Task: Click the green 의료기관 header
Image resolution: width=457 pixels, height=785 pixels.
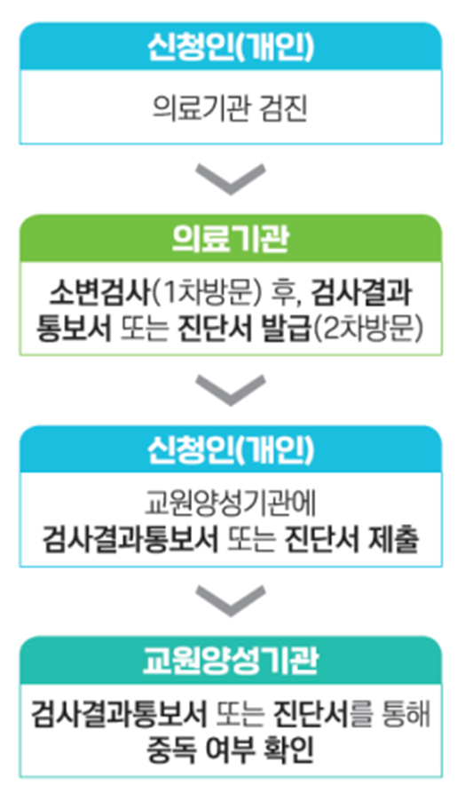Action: click(x=231, y=239)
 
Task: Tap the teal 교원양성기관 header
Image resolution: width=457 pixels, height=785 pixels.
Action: click(x=231, y=661)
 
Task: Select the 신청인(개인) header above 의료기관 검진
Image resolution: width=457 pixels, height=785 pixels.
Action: click(x=231, y=46)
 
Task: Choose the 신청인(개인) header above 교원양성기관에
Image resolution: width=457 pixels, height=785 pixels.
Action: click(x=231, y=449)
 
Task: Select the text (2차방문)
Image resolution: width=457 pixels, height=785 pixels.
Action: click(x=368, y=329)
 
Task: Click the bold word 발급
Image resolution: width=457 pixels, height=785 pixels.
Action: click(x=287, y=329)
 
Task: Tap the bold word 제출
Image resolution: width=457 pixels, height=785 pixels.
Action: click(x=393, y=540)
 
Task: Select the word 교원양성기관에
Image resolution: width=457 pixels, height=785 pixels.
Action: click(x=231, y=504)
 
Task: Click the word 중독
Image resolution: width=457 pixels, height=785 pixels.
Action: click(x=171, y=749)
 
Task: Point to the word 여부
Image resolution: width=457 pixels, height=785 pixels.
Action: click(x=230, y=749)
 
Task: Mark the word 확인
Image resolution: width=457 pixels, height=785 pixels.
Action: click(x=288, y=749)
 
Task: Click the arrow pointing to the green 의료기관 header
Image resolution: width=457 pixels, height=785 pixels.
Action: click(x=231, y=179)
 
